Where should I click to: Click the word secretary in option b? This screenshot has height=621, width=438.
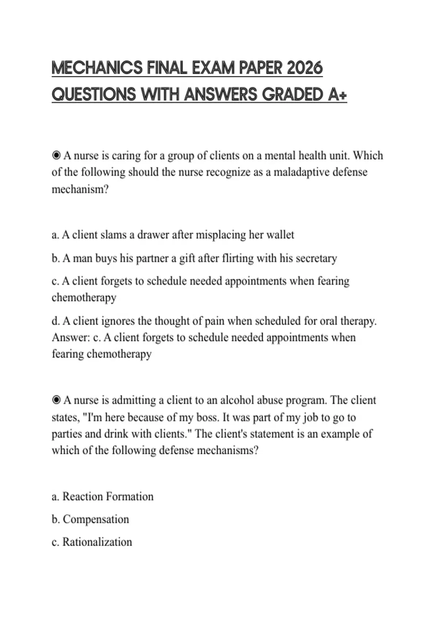click(x=316, y=258)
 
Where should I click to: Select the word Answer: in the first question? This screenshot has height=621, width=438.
click(x=71, y=337)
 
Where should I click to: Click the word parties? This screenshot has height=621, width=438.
click(x=66, y=434)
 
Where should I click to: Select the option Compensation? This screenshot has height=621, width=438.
click(x=96, y=519)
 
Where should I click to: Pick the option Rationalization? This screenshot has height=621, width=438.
click(x=97, y=542)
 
